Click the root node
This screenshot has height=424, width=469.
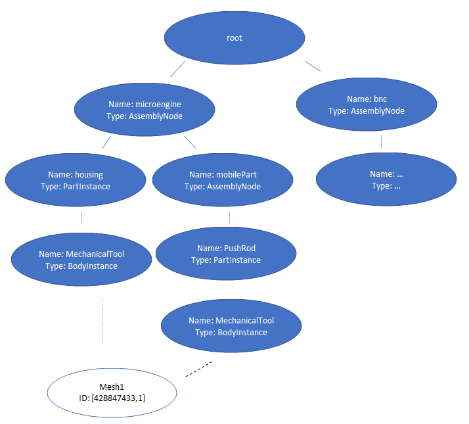click(x=234, y=38)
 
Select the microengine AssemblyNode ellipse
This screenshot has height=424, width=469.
click(x=145, y=110)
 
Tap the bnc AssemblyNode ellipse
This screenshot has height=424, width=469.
click(x=367, y=105)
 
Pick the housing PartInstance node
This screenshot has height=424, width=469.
click(x=76, y=180)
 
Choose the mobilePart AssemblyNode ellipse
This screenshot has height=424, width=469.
click(x=223, y=180)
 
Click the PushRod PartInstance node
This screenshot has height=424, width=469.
click(x=226, y=254)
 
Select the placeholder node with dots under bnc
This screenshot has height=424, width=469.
click(x=386, y=179)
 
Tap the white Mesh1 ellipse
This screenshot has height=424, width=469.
click(x=112, y=392)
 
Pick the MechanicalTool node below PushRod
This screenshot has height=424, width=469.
click(x=231, y=326)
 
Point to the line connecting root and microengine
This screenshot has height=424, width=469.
click(x=177, y=70)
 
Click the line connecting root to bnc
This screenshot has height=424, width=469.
click(x=313, y=66)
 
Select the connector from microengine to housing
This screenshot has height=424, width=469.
click(x=106, y=145)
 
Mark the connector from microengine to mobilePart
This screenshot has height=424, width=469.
click(x=190, y=143)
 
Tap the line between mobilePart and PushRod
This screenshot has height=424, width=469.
click(x=229, y=218)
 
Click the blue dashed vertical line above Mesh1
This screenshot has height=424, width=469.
click(x=103, y=321)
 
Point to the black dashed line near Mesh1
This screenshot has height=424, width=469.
click(x=199, y=369)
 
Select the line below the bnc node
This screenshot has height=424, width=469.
click(x=381, y=141)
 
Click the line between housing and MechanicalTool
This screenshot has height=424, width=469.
click(x=81, y=218)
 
